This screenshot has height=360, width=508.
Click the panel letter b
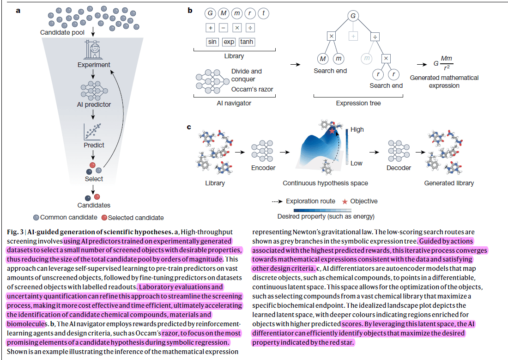point(189,10)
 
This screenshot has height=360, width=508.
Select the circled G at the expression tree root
point(353,16)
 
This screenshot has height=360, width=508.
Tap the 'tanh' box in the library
point(247,42)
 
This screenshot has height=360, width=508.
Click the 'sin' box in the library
point(212,42)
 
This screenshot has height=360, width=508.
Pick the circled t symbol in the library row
point(264,14)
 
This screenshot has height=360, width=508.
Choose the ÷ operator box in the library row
point(250,28)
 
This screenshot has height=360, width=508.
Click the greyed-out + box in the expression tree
point(353,36)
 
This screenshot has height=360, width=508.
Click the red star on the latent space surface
point(332,132)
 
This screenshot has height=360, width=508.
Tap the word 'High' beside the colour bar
point(357,130)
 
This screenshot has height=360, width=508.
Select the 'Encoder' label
point(263,168)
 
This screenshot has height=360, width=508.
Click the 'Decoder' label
point(399,168)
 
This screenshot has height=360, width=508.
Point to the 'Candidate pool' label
point(62,32)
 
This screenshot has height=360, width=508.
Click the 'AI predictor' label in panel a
point(94,104)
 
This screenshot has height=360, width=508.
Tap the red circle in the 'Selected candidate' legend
point(104,218)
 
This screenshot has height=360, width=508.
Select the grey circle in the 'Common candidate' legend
point(36,218)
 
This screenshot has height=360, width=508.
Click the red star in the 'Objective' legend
point(344,201)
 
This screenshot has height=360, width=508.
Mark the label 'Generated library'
point(449,183)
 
